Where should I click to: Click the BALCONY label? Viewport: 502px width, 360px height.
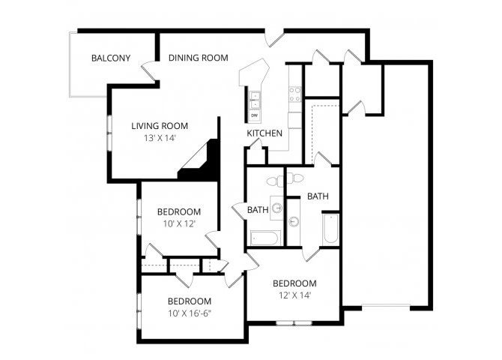tap(111, 58)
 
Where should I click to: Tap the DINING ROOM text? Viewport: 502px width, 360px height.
tap(198, 58)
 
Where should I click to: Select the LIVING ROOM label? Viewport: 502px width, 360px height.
tap(160, 126)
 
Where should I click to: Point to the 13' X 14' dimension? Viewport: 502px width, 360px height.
tap(160, 138)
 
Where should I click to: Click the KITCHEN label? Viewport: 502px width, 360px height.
tap(264, 133)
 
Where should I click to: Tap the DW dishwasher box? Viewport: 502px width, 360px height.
tap(255, 115)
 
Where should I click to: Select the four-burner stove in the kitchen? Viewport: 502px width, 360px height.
tap(295, 94)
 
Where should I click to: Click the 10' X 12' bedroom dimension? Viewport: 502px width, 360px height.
tap(179, 223)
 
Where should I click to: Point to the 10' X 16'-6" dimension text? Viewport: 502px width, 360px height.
tap(190, 313)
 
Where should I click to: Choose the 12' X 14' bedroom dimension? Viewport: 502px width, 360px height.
tap(295, 295)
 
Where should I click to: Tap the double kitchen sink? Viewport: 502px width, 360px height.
tap(255, 100)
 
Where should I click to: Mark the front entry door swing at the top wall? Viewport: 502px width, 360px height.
tap(274, 37)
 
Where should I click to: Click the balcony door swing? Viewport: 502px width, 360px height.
tap(149, 70)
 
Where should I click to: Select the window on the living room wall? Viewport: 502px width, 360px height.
tap(109, 133)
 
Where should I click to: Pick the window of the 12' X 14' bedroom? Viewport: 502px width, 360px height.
tap(294, 322)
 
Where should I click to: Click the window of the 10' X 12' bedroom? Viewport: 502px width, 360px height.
tap(139, 217)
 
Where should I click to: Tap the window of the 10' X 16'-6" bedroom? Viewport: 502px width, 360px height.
tap(139, 310)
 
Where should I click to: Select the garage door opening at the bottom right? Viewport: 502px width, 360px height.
tap(386, 307)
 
